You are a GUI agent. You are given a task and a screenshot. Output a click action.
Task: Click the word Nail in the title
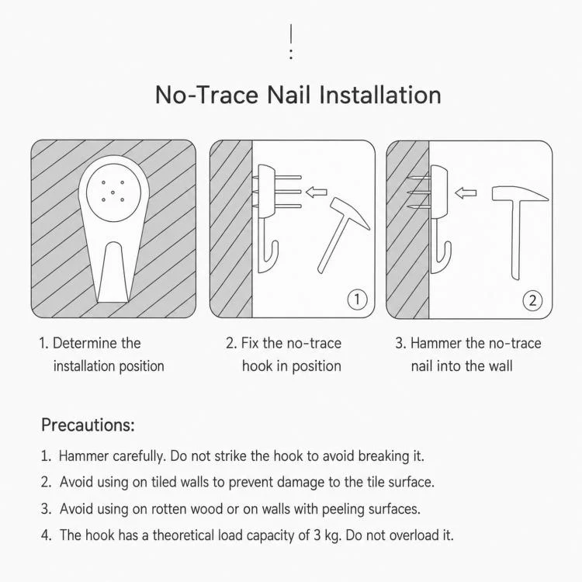click(289, 95)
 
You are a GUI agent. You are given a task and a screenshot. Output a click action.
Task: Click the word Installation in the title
click(379, 95)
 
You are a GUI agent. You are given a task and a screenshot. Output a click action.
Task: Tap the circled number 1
click(357, 300)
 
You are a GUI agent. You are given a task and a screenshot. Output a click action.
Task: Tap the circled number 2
click(532, 300)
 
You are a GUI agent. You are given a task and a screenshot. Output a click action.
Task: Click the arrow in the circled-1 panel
click(317, 192)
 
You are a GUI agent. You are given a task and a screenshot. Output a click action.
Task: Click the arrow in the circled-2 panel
click(466, 193)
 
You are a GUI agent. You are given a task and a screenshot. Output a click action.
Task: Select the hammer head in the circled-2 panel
click(520, 194)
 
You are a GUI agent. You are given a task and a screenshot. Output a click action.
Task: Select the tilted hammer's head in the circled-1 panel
click(350, 213)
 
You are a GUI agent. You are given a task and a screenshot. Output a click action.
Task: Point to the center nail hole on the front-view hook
click(113, 192)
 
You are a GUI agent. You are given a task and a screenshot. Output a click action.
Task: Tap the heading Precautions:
click(88, 425)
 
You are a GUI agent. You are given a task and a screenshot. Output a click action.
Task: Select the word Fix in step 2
click(250, 343)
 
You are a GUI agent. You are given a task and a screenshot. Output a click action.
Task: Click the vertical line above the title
click(291, 33)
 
